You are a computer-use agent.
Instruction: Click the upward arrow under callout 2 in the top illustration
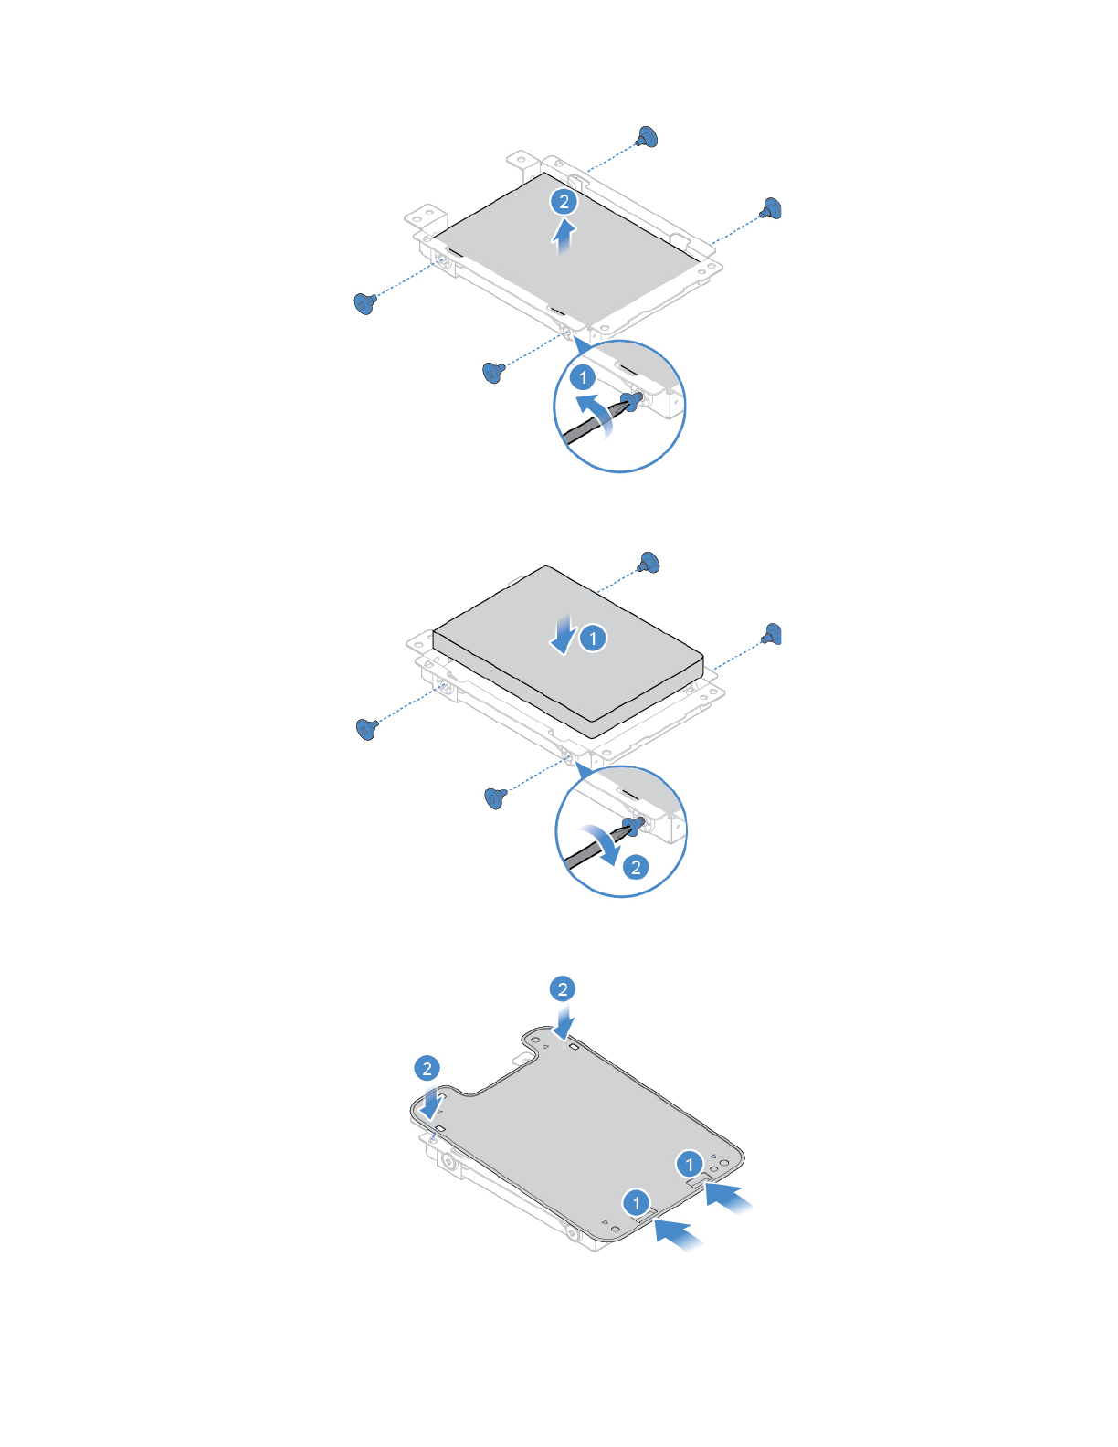pyautogui.click(x=565, y=235)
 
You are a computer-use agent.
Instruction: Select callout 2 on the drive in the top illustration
pyautogui.click(x=564, y=202)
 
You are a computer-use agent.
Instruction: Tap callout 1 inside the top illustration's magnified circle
pyautogui.click(x=583, y=376)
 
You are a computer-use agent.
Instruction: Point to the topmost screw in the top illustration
pyautogui.click(x=648, y=138)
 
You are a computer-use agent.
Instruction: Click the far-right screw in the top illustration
pyautogui.click(x=772, y=209)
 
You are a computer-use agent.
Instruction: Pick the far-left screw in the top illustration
pyautogui.click(x=365, y=302)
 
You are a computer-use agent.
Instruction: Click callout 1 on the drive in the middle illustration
pyautogui.click(x=593, y=638)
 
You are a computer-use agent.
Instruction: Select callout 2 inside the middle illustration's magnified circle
pyautogui.click(x=637, y=867)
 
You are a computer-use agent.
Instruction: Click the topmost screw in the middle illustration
pyautogui.click(x=649, y=562)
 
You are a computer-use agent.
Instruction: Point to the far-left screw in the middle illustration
pyautogui.click(x=367, y=728)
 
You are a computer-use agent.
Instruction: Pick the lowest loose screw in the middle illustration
pyautogui.click(x=495, y=797)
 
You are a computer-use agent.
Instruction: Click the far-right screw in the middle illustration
pyautogui.click(x=773, y=634)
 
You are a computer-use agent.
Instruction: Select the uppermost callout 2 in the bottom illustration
pyautogui.click(x=563, y=989)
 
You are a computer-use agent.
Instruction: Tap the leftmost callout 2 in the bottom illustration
pyautogui.click(x=427, y=1068)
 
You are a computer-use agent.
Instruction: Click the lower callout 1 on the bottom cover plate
pyautogui.click(x=637, y=1202)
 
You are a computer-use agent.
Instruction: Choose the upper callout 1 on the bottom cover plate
pyautogui.click(x=690, y=1164)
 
